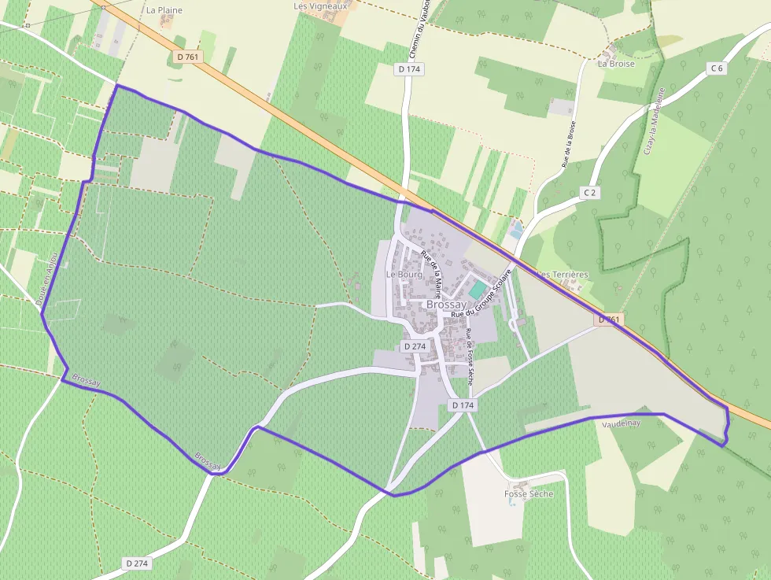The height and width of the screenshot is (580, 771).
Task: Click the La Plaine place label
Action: click(164, 10)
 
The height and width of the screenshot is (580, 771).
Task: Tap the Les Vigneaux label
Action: click(320, 6)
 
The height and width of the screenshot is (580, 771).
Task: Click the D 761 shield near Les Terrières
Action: click(611, 320)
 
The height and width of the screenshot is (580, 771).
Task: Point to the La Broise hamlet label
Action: click(616, 64)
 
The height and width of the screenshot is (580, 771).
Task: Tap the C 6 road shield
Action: click(716, 68)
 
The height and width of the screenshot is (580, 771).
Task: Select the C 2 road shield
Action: click(591, 192)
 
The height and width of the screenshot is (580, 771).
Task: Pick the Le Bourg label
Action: click(404, 275)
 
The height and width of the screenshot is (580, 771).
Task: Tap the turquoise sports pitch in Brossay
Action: click(477, 290)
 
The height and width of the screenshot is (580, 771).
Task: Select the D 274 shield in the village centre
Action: click(414, 346)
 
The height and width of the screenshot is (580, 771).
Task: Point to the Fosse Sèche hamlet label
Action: click(529, 494)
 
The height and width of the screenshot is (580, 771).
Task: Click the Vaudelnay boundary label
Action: click(622, 423)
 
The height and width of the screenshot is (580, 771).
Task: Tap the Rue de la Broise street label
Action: click(569, 144)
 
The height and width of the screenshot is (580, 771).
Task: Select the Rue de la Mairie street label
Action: click(430, 268)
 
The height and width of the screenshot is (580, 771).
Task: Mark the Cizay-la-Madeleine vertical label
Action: click(654, 120)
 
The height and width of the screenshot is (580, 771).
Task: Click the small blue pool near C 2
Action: click(515, 234)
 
